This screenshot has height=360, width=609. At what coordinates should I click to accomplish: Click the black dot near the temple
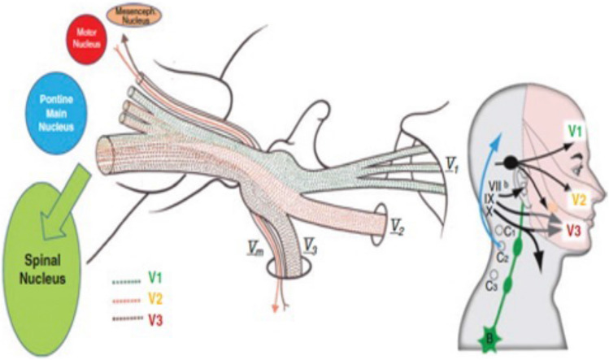click(x=511, y=162)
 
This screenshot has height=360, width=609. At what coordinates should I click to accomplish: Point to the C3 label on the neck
click(x=492, y=286)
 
